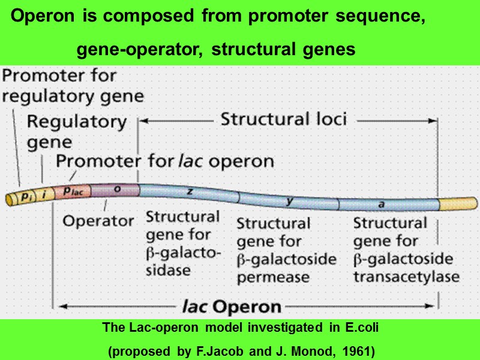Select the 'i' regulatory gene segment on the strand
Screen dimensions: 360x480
click(44, 194)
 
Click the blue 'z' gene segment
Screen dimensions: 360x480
click(188, 191)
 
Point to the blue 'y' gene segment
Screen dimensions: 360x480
click(289, 202)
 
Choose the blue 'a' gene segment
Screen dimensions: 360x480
click(380, 205)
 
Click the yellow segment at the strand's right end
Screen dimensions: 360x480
click(457, 205)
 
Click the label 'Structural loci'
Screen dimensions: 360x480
click(284, 119)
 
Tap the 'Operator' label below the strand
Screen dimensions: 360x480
click(98, 220)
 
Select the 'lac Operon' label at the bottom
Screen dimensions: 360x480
click(231, 307)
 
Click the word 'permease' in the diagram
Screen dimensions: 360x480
click(273, 277)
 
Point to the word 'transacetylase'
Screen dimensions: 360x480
click(406, 277)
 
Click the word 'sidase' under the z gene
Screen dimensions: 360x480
click(169, 270)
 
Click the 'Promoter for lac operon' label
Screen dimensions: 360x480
click(165, 161)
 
